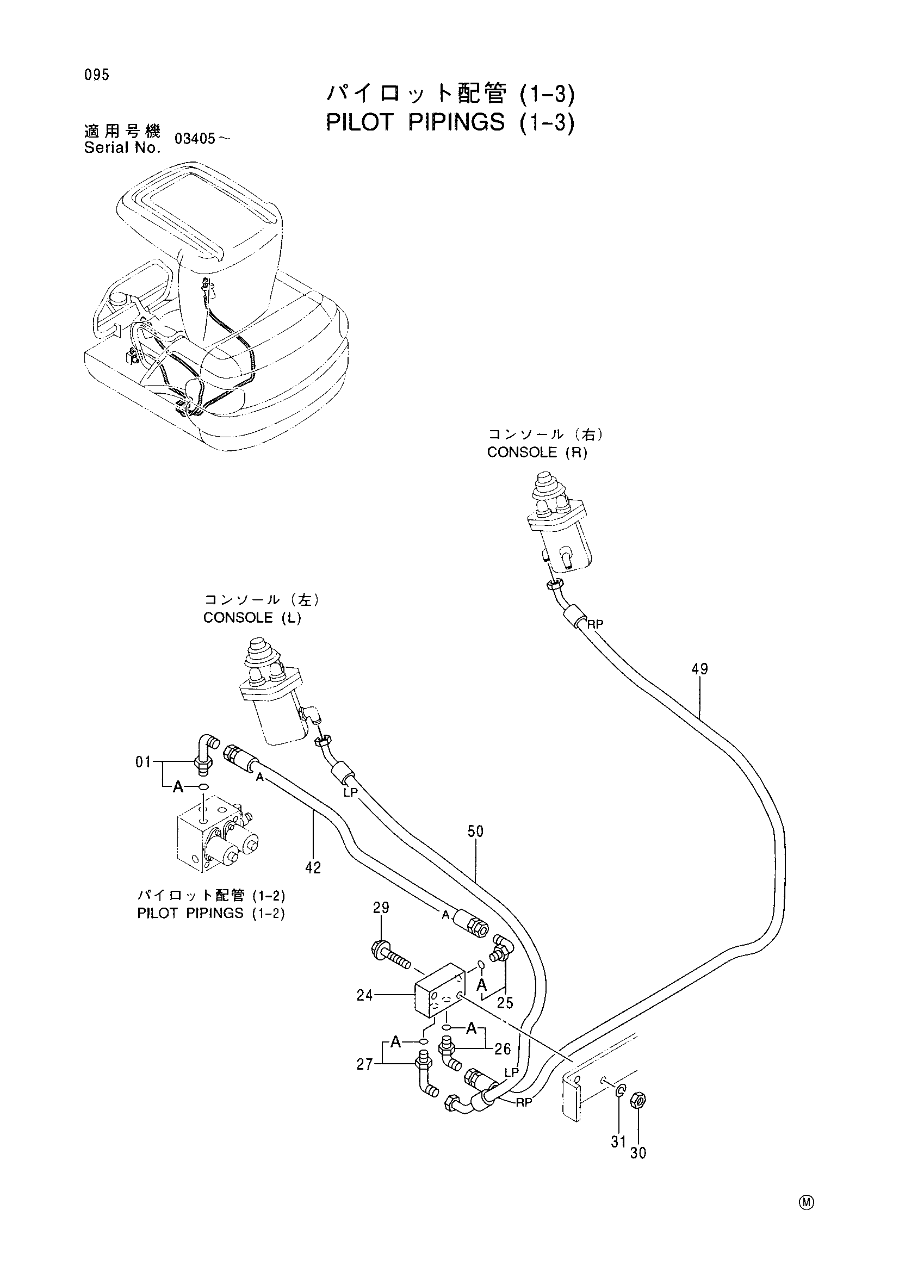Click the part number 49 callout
[699, 669]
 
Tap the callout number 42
[313, 867]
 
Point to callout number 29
[381, 908]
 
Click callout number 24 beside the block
[365, 995]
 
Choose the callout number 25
[505, 1002]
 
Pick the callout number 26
[503, 1048]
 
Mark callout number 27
[365, 1064]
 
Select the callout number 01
[144, 762]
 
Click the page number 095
[97, 75]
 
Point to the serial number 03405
[194, 139]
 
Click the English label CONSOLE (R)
[537, 452]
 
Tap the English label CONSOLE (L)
[252, 618]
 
